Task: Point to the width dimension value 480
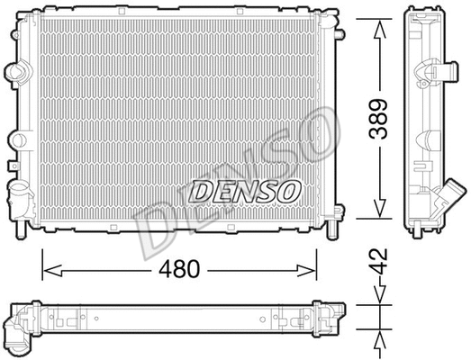tap(180, 268)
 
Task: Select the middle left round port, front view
tap(15, 139)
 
